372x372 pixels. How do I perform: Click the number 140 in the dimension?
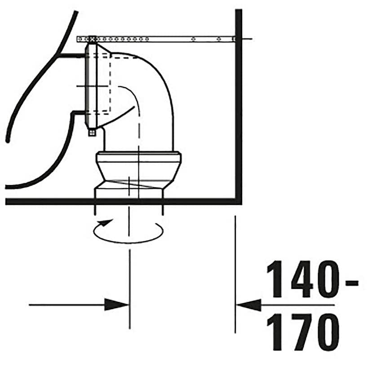[304, 279]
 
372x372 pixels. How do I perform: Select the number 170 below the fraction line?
[304, 332]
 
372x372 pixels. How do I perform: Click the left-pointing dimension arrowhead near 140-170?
[249, 306]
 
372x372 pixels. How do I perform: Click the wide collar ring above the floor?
[138, 158]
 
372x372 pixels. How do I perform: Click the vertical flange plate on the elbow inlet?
[90, 85]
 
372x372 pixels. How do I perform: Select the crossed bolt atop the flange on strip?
[92, 40]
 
